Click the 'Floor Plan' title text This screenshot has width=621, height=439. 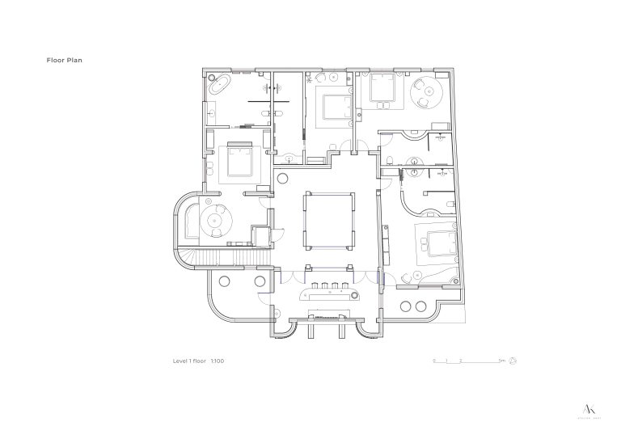(x=65, y=60)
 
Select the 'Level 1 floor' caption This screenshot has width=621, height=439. (x=190, y=361)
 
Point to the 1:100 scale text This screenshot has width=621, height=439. (x=218, y=361)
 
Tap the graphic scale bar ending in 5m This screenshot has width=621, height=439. (x=468, y=361)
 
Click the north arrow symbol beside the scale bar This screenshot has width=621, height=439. (x=513, y=361)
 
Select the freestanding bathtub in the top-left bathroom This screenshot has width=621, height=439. (x=218, y=83)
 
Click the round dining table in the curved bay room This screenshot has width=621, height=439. (x=217, y=218)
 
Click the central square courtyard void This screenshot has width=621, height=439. (x=327, y=218)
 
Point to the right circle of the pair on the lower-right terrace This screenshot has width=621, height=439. (x=421, y=306)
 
